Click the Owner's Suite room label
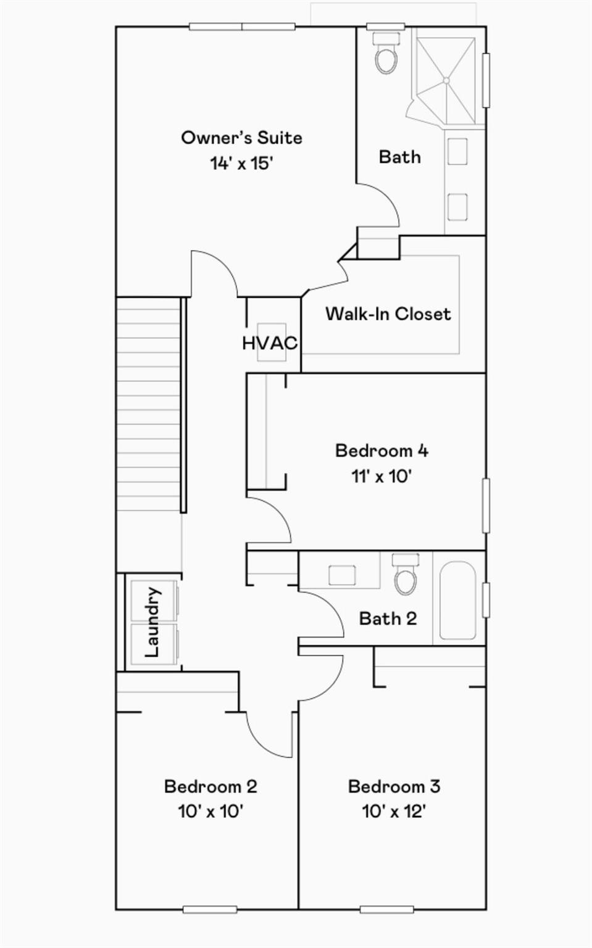[241, 138]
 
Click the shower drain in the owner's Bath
[446, 80]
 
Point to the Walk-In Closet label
[388, 314]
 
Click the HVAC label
[270, 343]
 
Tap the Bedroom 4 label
[381, 451]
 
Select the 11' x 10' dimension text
[381, 476]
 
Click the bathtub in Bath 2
[458, 601]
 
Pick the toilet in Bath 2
[406, 574]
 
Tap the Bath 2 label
[388, 619]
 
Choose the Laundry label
[152, 622]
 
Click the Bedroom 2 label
[211, 786]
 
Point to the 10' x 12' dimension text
[394, 812]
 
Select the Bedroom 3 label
[394, 786]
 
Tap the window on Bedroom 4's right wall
[486, 505]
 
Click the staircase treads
[149, 404]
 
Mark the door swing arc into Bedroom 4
[278, 514]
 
